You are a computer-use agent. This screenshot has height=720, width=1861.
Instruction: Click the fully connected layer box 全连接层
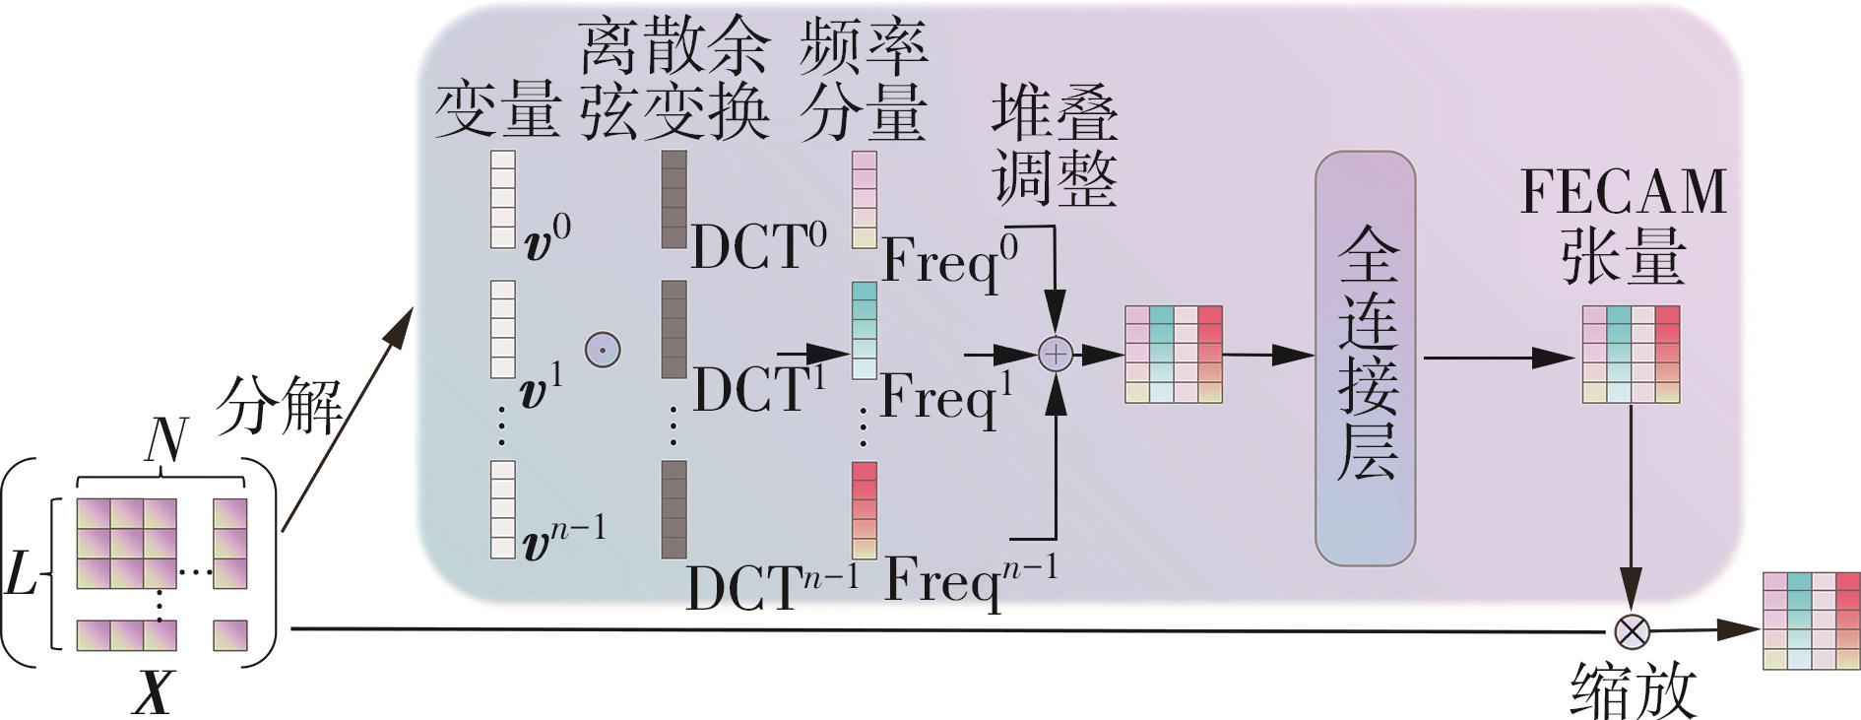point(1365,359)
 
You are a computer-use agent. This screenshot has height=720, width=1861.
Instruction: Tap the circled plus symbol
point(1055,355)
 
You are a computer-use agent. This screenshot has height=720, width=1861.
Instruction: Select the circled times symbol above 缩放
point(1632,630)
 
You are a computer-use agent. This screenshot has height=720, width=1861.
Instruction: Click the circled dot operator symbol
point(603,349)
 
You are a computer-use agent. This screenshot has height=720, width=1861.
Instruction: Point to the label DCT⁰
point(758,246)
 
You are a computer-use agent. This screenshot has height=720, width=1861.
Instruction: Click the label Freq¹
point(947,397)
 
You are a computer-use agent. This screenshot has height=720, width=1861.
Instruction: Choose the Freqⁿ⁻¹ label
point(970,581)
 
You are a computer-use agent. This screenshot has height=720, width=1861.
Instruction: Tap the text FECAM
point(1623,192)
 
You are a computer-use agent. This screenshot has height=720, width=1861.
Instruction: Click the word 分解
point(279,405)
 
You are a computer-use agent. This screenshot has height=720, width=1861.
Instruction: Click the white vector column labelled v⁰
point(502,199)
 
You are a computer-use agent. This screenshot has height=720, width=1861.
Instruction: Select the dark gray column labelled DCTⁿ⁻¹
point(674,509)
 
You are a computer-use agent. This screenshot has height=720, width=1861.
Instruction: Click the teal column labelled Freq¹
point(864,331)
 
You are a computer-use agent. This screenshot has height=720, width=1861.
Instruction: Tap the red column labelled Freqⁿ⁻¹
point(864,510)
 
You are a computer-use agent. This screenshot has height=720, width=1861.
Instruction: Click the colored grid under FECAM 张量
point(1631,355)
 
